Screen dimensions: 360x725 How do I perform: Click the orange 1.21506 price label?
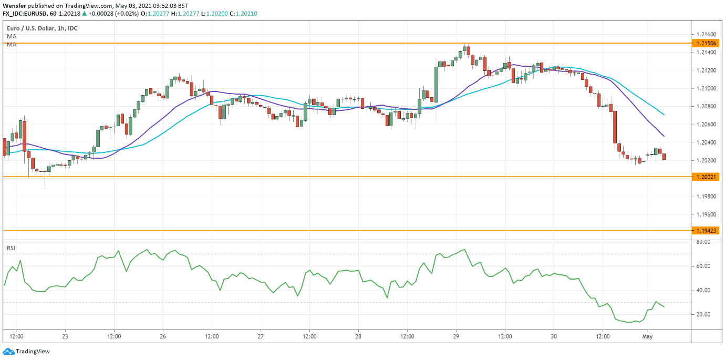click(706, 43)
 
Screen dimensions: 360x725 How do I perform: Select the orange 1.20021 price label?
click(706, 177)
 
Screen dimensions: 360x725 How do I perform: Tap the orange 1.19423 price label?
click(706, 231)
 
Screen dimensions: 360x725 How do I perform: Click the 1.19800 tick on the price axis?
click(706, 197)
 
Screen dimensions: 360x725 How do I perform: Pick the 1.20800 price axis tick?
click(706, 106)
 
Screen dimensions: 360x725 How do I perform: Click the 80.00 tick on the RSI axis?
click(703, 242)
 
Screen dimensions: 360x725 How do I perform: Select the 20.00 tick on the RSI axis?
click(703, 314)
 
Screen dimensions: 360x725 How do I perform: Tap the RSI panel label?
click(11, 248)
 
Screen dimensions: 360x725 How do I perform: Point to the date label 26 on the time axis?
click(163, 336)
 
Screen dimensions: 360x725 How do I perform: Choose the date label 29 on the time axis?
click(456, 336)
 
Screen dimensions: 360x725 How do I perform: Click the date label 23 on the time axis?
click(65, 336)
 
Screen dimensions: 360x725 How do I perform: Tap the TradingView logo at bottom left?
click(26, 352)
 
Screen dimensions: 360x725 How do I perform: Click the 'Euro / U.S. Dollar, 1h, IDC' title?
click(42, 28)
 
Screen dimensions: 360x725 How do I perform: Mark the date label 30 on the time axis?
click(554, 336)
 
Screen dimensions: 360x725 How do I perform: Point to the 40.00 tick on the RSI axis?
click(703, 290)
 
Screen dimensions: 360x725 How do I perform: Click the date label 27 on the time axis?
click(261, 336)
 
